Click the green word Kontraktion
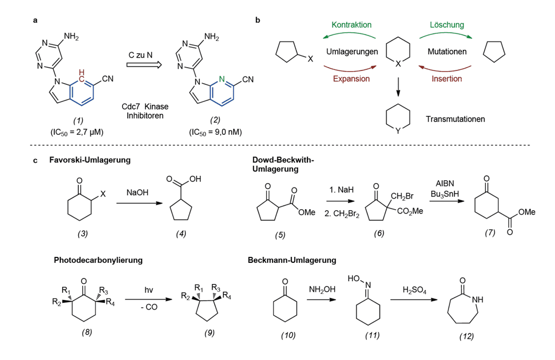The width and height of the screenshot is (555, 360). [x=351, y=25]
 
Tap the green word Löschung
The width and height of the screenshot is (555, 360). [x=447, y=25]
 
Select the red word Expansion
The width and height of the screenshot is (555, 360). [x=351, y=79]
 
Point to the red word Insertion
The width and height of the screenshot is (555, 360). [x=447, y=79]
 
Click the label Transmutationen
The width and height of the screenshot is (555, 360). [x=455, y=119]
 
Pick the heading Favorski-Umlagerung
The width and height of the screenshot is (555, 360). [x=90, y=160]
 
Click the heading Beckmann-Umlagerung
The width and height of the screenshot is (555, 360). [x=292, y=260]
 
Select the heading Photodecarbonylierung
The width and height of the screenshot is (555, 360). [x=98, y=260]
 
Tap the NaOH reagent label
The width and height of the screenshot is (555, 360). [x=137, y=192]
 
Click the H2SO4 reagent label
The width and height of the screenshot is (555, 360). [x=415, y=290]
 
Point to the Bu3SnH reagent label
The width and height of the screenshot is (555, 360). [x=445, y=194]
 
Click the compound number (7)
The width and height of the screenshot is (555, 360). [x=490, y=232]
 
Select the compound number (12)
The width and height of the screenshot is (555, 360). [x=467, y=336]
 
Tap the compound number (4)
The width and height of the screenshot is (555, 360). [x=181, y=234]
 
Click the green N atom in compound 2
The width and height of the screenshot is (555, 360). [x=221, y=79]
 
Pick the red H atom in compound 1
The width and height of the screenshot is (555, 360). [x=82, y=72]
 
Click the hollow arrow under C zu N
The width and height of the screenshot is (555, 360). [x=144, y=65]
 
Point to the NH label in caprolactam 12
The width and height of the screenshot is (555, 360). [x=477, y=300]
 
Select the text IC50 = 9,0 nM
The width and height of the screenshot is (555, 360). [x=215, y=132]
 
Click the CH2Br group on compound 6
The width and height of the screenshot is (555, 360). [x=402, y=196]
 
